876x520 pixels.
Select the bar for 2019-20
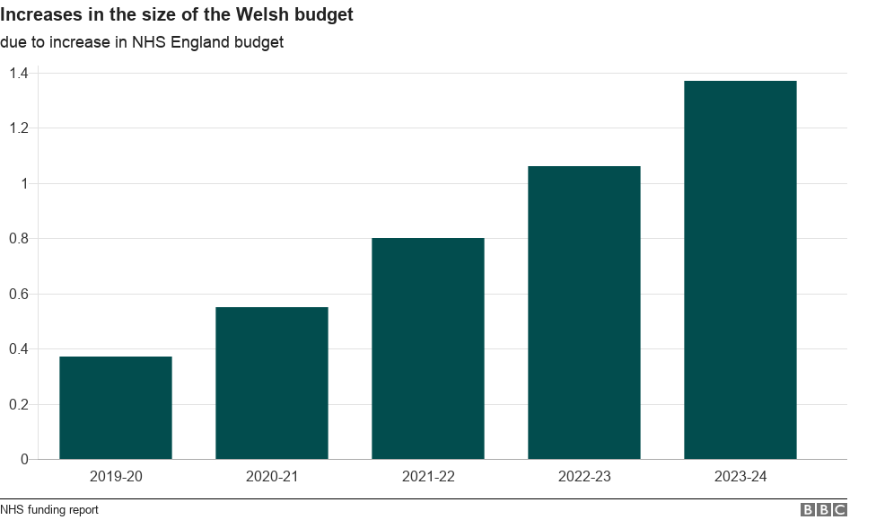(116, 408)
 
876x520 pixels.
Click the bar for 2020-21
(272, 383)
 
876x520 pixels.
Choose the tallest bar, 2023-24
(740, 269)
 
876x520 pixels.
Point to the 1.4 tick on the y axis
(18, 73)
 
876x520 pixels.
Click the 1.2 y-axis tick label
(18, 128)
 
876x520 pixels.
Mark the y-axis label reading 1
(24, 183)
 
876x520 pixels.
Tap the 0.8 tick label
(18, 239)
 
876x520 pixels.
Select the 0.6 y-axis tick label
(18, 294)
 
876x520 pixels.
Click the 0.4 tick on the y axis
(18, 349)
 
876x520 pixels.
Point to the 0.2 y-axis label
(18, 404)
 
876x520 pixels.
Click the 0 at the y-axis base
(24, 460)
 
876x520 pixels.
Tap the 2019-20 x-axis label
(116, 477)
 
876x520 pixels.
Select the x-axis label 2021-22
(428, 477)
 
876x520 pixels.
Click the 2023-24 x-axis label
(740, 477)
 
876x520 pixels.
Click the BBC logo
(823, 509)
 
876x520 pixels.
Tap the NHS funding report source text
(49, 509)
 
